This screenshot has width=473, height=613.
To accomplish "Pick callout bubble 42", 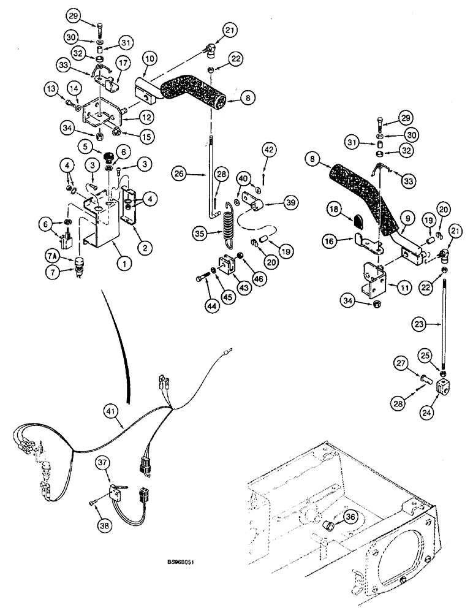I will pyautogui.click(x=270, y=149).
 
